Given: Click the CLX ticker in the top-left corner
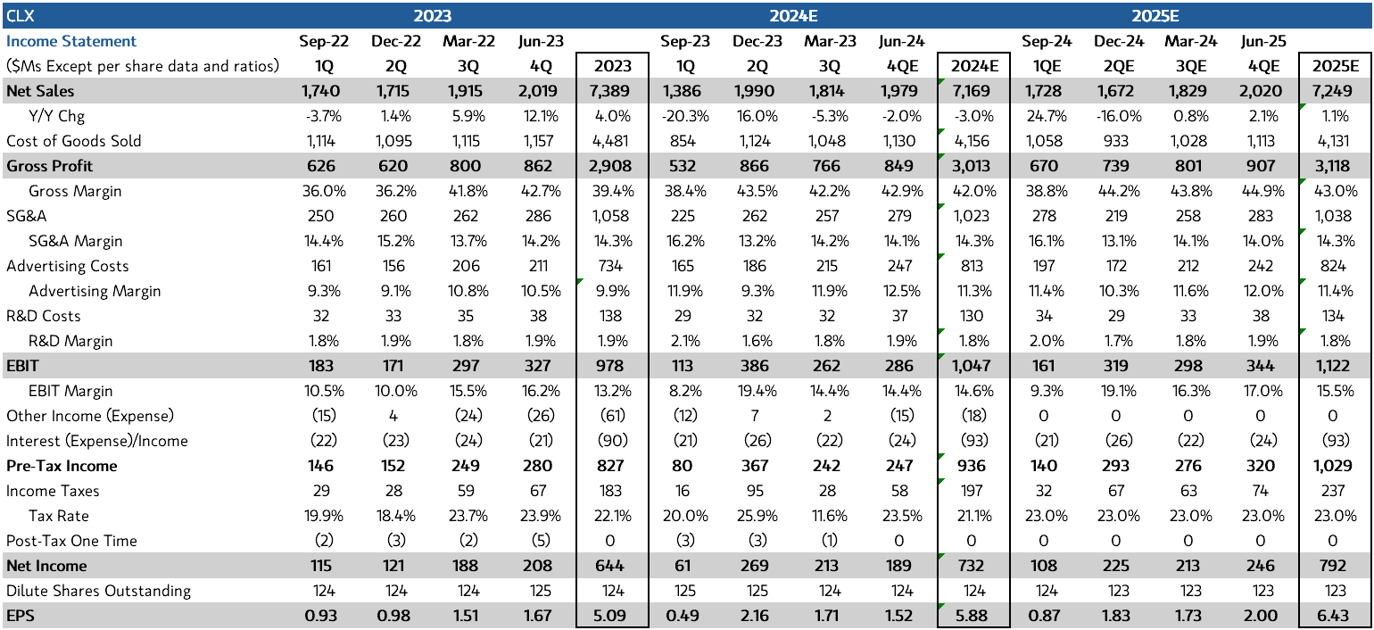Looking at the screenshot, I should (20, 15).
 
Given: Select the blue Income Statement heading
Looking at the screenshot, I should (71, 41).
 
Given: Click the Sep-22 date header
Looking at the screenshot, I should (324, 41).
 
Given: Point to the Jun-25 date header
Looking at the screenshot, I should (1260, 41).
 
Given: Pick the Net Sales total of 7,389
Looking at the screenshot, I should (612, 91).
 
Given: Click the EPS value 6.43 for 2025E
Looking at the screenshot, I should (1335, 616).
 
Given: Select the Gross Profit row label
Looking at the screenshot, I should (50, 166).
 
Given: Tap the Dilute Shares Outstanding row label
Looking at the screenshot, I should (98, 591).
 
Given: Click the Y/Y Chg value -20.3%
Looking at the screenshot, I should (684, 116).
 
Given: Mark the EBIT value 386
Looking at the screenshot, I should (757, 366).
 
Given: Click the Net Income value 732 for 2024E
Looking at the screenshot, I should (972, 566).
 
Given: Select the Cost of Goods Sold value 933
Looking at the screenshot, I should (1116, 141).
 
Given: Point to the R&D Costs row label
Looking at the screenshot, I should (43, 316).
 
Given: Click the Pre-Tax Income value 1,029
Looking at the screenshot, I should (1333, 466).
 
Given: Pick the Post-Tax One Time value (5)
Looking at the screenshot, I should (540, 541).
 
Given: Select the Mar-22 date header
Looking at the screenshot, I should (466, 41).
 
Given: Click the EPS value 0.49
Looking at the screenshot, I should (683, 616).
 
